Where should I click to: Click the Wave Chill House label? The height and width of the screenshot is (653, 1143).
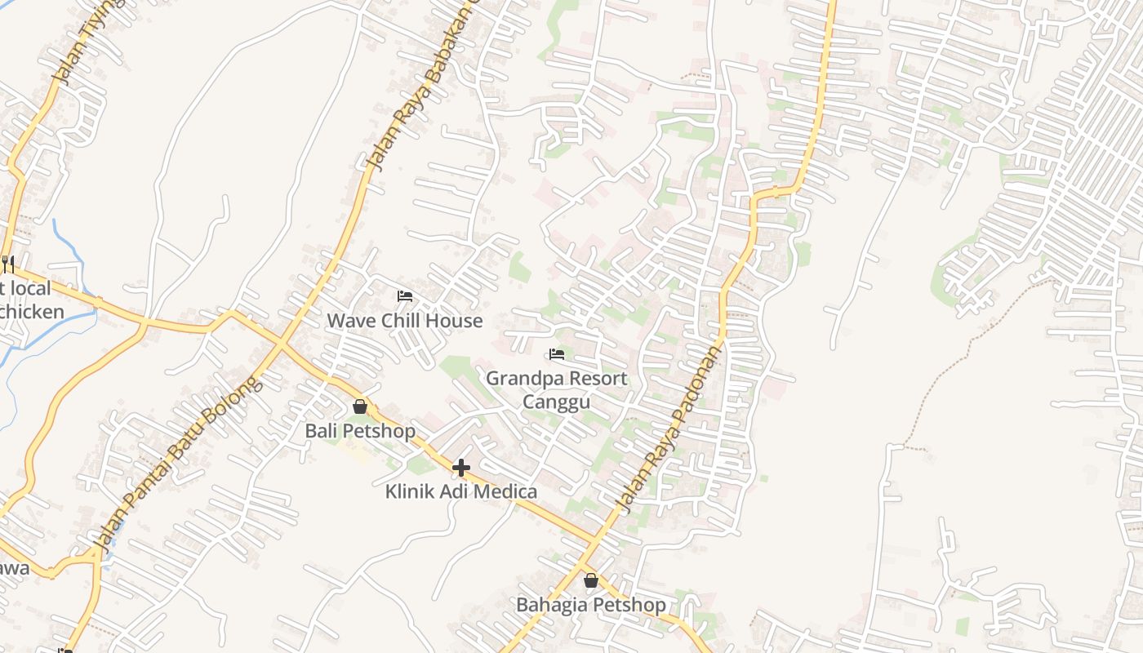tap(405, 321)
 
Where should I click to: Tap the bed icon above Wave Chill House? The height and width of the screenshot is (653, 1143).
tap(405, 295)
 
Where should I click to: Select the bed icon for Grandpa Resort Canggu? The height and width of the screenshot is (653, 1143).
tap(557, 354)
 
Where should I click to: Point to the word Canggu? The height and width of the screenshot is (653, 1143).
tap(556, 402)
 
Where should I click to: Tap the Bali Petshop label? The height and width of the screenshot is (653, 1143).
tap(360, 430)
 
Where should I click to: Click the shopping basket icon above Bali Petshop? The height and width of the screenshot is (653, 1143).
tap(360, 406)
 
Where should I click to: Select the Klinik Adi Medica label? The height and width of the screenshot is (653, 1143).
tap(461, 491)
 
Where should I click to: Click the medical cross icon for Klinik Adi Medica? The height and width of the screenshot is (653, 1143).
tap(461, 467)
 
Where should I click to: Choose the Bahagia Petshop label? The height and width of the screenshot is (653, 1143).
tap(591, 605)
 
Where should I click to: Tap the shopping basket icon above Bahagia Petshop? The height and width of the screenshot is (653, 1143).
tap(591, 580)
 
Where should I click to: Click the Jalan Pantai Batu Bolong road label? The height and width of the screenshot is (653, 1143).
tap(178, 461)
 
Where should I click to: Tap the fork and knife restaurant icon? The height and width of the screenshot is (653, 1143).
tap(7, 264)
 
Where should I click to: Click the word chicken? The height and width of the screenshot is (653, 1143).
tap(33, 312)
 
